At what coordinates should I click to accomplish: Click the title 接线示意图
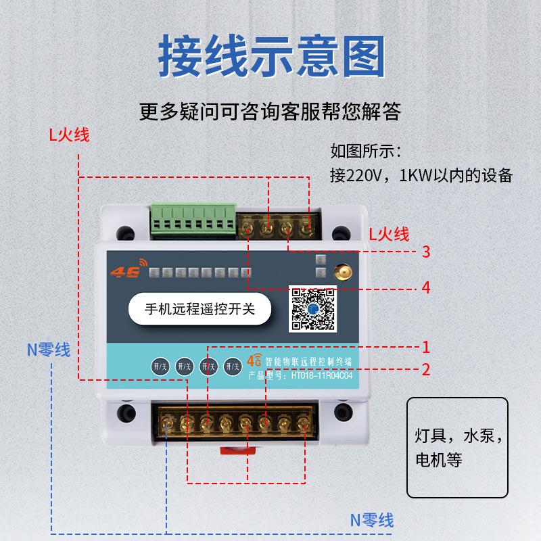coord(271,55)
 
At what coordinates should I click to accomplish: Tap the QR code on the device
coord(313,309)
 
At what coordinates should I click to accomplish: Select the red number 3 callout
coord(426,252)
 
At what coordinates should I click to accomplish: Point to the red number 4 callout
coord(426,287)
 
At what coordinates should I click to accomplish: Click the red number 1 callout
coord(426,348)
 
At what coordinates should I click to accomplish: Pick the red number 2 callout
coord(426,370)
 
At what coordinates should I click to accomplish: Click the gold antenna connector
coord(342,272)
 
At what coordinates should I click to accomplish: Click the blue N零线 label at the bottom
coord(371,520)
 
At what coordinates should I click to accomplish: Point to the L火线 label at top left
coord(68,135)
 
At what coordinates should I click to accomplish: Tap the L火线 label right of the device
coord(389,235)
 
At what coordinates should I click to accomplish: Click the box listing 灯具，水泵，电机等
coord(457,447)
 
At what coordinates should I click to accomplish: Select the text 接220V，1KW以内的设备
coord(421,175)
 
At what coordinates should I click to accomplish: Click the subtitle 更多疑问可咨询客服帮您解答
coord(270,110)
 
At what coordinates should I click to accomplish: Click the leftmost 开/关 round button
coord(160,367)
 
